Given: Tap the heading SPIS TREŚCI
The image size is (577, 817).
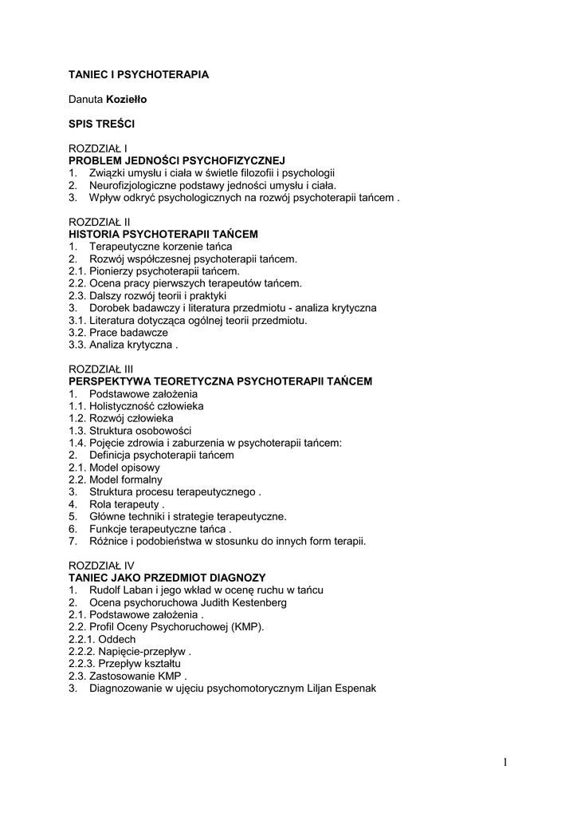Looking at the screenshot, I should point(100,124).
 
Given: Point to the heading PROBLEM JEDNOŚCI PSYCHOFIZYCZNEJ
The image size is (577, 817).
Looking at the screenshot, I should point(177,161).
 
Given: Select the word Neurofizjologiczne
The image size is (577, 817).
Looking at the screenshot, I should point(132,185).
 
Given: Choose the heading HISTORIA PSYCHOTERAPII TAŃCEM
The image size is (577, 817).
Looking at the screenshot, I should point(163,234).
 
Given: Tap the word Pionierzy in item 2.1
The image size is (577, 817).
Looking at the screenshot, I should point(111,270).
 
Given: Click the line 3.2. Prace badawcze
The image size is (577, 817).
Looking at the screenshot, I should point(118,332).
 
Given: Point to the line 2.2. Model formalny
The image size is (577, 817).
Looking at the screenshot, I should point(116,480).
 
